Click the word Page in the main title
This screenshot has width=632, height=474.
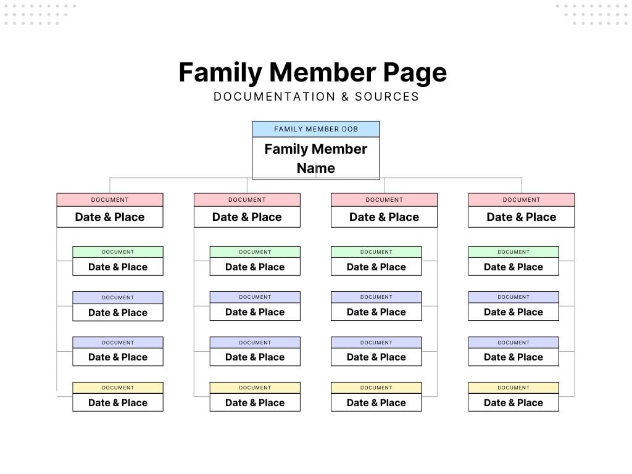pyautogui.click(x=415, y=73)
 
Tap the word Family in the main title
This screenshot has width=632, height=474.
pyautogui.click(x=220, y=73)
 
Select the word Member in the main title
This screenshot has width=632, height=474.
pyautogui.click(x=322, y=73)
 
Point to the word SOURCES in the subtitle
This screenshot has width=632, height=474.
pyautogui.click(x=387, y=97)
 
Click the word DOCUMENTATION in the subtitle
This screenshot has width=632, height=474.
pyautogui.click(x=274, y=97)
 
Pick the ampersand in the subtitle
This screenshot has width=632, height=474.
pyautogui.click(x=345, y=97)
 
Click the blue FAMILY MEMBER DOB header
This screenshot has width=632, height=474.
pyautogui.click(x=316, y=129)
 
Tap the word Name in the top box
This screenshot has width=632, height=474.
pyautogui.click(x=316, y=168)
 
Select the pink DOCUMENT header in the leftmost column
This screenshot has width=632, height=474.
pyautogui.click(x=110, y=200)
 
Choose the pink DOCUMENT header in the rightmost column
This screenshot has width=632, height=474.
pyautogui.click(x=522, y=200)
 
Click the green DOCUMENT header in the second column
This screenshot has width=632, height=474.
pyautogui.click(x=255, y=252)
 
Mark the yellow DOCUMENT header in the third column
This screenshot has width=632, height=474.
pyautogui.click(x=376, y=388)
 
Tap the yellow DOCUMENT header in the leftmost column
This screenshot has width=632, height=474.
pyautogui.click(x=118, y=388)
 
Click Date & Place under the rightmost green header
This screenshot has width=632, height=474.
pyautogui.click(x=513, y=267)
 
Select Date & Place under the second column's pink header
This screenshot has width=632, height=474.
pyautogui.click(x=247, y=217)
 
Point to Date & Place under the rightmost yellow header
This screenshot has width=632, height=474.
pyautogui.click(x=513, y=402)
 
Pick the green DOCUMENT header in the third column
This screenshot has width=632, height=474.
pyautogui.click(x=376, y=252)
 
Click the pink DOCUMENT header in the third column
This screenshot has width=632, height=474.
pyautogui.click(x=384, y=200)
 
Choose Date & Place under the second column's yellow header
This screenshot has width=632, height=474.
pyautogui.click(x=255, y=402)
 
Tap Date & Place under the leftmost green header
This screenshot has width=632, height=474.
pyautogui.click(x=118, y=267)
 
